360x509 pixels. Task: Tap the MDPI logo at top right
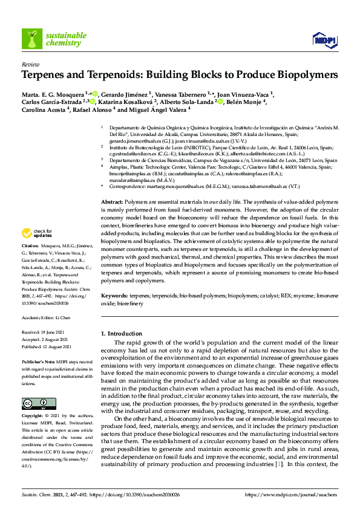[x=324, y=41]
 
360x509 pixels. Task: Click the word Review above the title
[x=30, y=64]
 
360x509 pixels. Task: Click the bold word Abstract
[x=111, y=202]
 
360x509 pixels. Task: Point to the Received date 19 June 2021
[x=45, y=333]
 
